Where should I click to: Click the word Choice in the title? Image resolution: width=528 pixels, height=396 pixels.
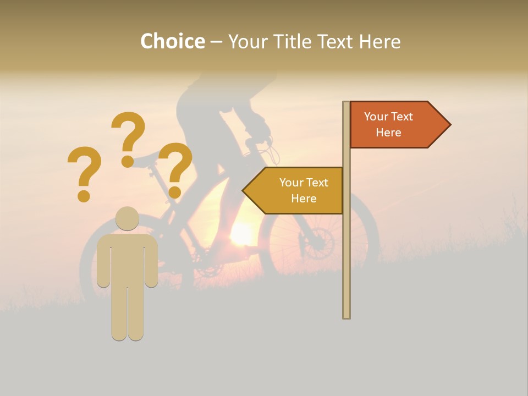pos(172,41)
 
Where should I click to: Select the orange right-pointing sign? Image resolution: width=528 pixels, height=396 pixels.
pos(396,125)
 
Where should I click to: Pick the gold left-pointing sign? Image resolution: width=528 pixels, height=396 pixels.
pos(297,190)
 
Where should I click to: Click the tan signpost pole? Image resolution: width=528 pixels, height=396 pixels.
pos(346,248)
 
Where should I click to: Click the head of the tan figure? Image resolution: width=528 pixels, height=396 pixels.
pos(127,218)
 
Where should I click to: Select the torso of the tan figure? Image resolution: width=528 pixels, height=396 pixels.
pos(127,258)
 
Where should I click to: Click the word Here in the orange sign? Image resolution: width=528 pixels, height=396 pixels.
pos(388,133)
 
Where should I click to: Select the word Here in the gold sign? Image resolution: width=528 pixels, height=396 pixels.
pos(304,199)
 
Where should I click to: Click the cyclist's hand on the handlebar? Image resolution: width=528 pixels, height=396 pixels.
pos(262,129)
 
